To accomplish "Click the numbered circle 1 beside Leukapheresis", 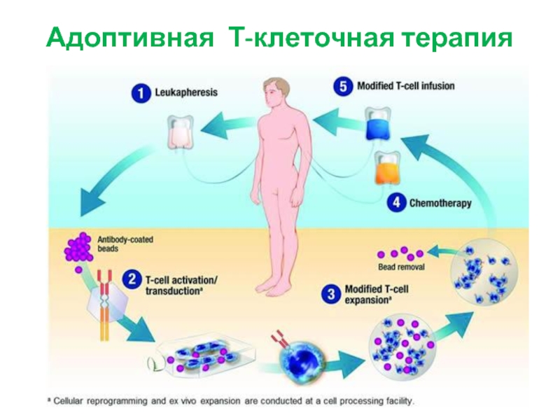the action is point(141,93).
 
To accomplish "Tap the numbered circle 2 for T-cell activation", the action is point(132,279).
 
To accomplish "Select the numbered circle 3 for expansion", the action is point(331,294).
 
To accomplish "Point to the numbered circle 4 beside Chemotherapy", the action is point(396,203).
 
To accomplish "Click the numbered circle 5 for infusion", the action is point(343,86).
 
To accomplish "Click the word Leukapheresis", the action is point(186,92).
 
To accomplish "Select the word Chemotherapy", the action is point(440,203).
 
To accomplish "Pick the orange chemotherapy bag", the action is point(386,169).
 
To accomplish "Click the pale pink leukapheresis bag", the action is point(181,132).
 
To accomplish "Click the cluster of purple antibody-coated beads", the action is point(78,247).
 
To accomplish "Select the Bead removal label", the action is point(401,267).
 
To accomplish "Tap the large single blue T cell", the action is point(302,363).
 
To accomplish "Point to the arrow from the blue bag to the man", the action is point(338,120).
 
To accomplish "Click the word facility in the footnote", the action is point(400,401).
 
